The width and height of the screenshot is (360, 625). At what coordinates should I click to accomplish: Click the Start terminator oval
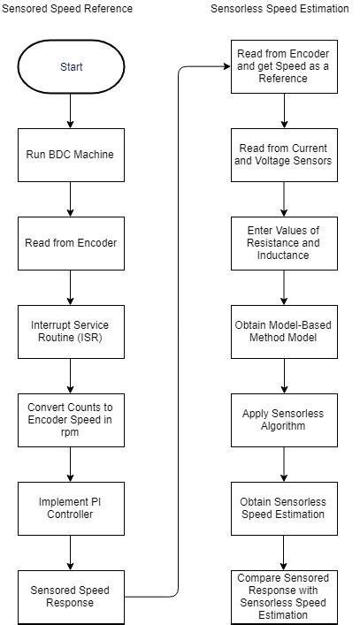[x=71, y=66]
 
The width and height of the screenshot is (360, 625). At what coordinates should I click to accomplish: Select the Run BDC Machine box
[x=71, y=155]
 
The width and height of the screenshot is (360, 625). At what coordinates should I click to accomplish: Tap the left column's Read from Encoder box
[x=71, y=243]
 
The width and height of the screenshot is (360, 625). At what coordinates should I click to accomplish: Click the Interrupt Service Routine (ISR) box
[x=71, y=332]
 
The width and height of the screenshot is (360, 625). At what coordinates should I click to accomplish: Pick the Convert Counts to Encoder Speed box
[x=71, y=420]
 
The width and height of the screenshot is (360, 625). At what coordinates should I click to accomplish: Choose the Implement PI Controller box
[x=71, y=507]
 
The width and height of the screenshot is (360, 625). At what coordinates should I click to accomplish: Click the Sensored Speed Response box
[x=71, y=596]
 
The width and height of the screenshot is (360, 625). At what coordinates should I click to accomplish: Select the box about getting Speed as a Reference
[x=284, y=65]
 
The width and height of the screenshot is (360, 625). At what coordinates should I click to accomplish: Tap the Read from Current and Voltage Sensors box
[x=284, y=155]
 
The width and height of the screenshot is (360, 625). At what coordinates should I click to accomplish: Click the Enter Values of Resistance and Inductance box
[x=284, y=242]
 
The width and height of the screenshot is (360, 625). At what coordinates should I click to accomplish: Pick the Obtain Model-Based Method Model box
[x=284, y=331]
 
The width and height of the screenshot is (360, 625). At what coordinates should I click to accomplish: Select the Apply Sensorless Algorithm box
[x=284, y=419]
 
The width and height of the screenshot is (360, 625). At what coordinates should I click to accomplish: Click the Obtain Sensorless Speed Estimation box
[x=284, y=507]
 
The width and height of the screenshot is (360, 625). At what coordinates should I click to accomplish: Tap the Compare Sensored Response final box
[x=284, y=597]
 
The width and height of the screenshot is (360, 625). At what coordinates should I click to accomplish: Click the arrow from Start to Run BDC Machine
[x=71, y=111]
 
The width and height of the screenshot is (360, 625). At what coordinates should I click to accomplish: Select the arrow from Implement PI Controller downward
[x=71, y=552]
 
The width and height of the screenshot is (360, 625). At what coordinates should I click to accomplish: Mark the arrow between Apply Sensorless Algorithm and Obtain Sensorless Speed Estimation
[x=284, y=463]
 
